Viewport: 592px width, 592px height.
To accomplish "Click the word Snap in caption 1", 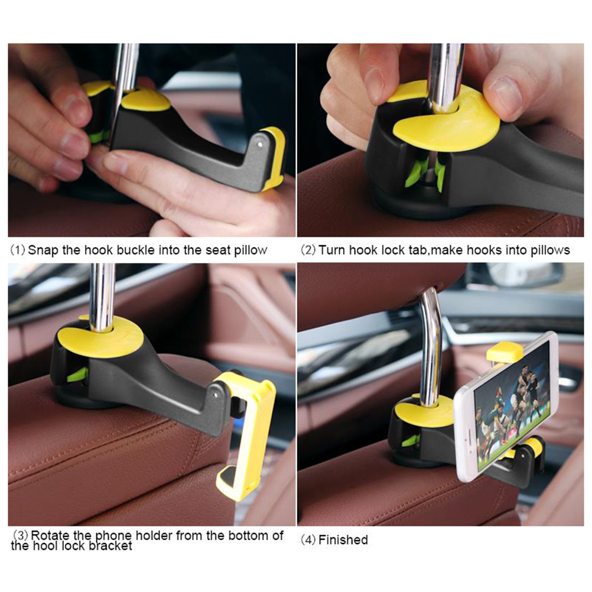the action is [44, 250].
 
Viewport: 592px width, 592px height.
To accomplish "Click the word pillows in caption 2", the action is [550, 251].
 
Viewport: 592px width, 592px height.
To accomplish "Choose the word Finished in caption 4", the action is [343, 539].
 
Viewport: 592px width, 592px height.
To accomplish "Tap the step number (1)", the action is [17, 250].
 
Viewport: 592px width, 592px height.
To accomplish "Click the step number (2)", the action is [308, 250].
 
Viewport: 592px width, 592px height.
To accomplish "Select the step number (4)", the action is [308, 539].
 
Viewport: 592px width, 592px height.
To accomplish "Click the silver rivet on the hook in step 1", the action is [260, 144].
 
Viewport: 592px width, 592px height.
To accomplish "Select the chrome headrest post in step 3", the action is [102, 298].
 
